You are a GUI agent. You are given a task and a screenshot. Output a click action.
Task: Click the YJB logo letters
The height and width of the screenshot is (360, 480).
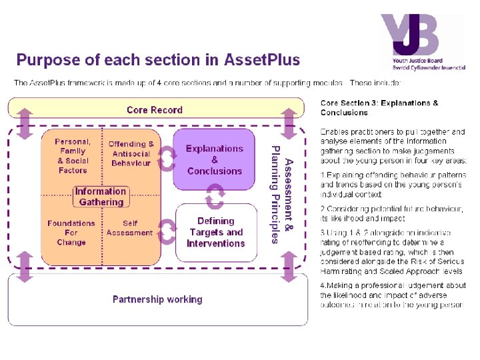(x=407, y=37)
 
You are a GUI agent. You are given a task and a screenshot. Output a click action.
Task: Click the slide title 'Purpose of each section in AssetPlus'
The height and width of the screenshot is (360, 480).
(x=158, y=60)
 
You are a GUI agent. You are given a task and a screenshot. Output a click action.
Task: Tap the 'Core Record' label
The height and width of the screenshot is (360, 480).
(x=154, y=110)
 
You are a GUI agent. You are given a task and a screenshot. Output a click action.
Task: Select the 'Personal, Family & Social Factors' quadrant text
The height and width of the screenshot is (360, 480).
(x=73, y=156)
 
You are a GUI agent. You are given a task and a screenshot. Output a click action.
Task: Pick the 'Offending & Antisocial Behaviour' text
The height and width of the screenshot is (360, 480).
(x=131, y=153)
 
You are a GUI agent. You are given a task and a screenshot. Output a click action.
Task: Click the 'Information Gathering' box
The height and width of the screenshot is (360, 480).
(x=101, y=196)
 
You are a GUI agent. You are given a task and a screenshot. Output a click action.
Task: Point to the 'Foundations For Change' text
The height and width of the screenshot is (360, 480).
(x=71, y=233)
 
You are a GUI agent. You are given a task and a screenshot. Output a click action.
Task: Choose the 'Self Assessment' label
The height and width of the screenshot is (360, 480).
(x=130, y=228)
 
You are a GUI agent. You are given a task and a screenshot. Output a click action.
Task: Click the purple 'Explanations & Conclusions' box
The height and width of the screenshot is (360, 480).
(x=214, y=159)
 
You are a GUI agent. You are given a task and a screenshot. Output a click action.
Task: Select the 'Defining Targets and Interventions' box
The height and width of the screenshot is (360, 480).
(x=216, y=232)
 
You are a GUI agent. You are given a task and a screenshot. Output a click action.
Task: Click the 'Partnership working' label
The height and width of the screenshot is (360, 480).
(x=157, y=299)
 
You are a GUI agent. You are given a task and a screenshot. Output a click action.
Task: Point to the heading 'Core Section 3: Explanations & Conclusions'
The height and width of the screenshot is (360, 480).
(x=379, y=107)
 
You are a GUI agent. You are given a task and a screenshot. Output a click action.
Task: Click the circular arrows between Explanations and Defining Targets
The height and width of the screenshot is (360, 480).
(x=215, y=196)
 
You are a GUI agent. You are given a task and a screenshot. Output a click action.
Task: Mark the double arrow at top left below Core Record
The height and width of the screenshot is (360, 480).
(x=25, y=124)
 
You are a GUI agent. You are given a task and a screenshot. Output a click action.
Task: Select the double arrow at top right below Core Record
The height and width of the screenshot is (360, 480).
(x=289, y=124)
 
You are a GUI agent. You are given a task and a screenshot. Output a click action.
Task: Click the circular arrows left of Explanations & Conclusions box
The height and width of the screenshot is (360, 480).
(x=167, y=157)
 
